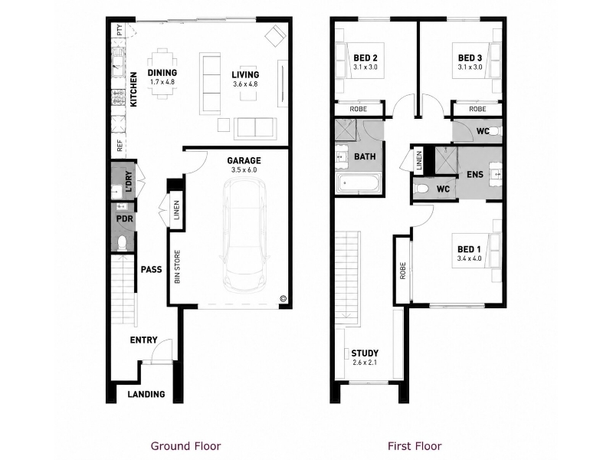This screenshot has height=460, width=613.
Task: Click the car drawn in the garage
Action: pos(244,235)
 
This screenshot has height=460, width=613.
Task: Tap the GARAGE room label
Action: pos(244,160)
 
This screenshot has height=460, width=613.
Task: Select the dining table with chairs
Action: pos(162,74)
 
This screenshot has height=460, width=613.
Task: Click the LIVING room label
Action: pos(245,74)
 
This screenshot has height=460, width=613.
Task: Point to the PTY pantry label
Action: pos(120,30)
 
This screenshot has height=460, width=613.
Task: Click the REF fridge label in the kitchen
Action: pos(120,146)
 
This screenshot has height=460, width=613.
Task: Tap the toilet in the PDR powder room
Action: pos(122,243)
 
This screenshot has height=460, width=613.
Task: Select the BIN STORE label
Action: pos(177,267)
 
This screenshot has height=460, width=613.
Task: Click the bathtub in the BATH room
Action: pos(359,183)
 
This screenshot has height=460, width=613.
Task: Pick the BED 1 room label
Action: pos(469,249)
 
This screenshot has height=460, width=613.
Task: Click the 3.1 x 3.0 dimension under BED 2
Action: pos(366,67)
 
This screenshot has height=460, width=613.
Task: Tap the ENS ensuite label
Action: pos(475,175)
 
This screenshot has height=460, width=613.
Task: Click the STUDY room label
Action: pos(365,353)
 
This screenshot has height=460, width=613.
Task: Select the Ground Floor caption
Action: pos(185,446)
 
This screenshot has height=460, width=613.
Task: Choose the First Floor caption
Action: pos(415,446)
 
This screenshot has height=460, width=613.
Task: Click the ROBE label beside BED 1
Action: pos(403,271)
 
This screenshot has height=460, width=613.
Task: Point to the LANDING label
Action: pos(146,394)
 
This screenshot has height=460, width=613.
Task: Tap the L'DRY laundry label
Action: pos(129,182)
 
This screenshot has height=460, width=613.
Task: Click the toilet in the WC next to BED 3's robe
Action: pos(495,131)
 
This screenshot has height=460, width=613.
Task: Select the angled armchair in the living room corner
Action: pos(276,36)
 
